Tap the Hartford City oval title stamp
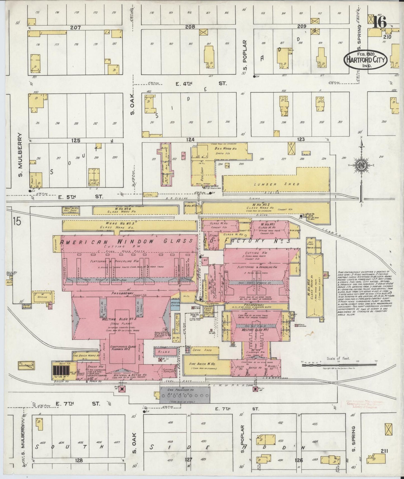(365, 59)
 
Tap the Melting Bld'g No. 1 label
(251, 330)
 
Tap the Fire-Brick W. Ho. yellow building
(206, 366)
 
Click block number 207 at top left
(75, 28)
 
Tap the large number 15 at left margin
(17, 222)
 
